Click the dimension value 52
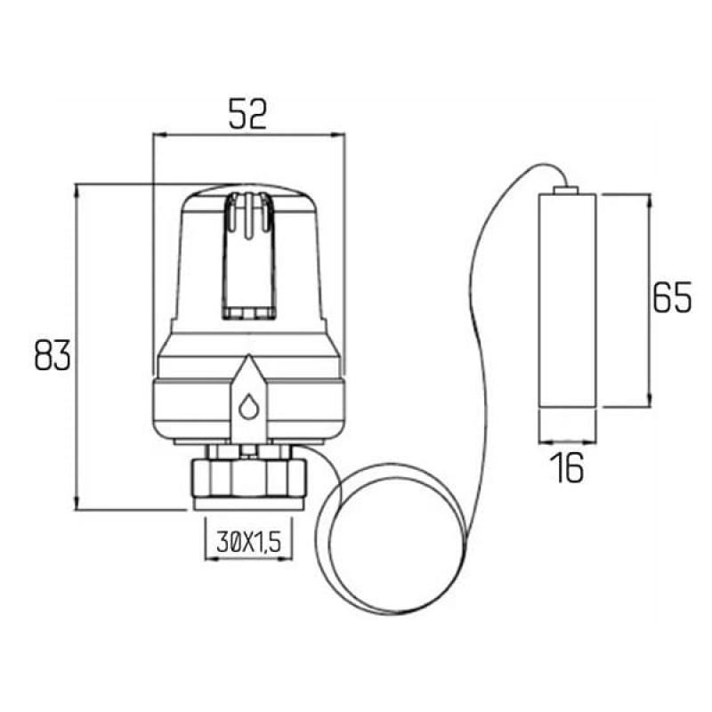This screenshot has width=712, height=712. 247,114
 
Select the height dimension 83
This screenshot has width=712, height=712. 53,354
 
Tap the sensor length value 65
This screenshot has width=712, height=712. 672,297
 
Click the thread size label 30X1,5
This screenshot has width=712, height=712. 249,542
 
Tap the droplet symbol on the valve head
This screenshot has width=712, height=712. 248,406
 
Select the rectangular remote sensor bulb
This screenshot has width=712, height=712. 567,300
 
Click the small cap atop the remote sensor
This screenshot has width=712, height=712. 566,190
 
